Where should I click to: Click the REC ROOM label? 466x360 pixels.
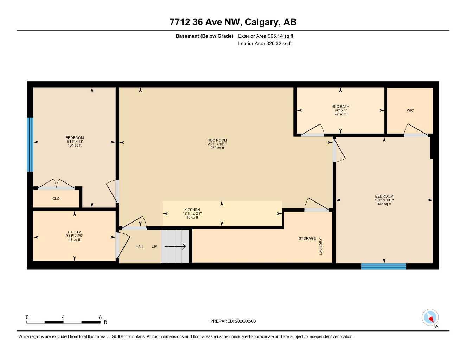[x=217, y=140]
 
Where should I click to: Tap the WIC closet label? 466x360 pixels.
[x=410, y=110]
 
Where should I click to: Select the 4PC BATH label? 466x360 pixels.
[x=340, y=107]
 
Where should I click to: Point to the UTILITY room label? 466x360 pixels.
[x=74, y=232]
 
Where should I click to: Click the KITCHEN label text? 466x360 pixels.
[x=192, y=210]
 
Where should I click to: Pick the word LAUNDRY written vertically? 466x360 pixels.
[x=321, y=246]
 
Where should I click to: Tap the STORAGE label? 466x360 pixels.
[x=307, y=238]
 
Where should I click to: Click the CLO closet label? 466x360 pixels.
[x=56, y=199]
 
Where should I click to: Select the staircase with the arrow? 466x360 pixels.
[x=175, y=246]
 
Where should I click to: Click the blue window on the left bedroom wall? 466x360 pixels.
[x=30, y=144]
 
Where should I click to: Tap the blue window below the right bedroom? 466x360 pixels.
[x=383, y=266]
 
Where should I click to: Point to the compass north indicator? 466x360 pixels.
[x=430, y=318]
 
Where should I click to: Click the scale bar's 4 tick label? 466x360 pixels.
[x=63, y=317]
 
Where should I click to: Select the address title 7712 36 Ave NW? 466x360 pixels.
[x=233, y=22]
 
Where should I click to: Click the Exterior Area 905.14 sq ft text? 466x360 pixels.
[x=266, y=36]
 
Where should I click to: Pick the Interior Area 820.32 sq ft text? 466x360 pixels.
[x=265, y=44]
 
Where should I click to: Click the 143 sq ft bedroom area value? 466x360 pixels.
[x=384, y=204]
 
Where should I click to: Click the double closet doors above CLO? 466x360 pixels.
[x=56, y=184]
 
